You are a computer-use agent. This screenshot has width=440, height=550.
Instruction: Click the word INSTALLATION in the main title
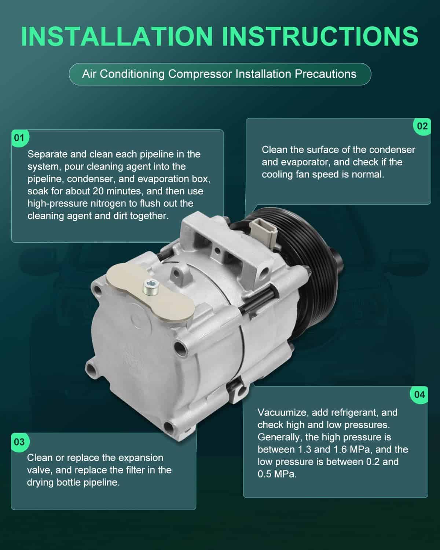117,36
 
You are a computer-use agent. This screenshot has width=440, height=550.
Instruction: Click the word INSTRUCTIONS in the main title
320,36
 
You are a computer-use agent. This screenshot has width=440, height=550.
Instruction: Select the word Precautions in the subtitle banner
325,74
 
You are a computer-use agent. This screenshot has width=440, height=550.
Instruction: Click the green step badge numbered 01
20,138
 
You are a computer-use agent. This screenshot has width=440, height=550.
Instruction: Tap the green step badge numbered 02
422,126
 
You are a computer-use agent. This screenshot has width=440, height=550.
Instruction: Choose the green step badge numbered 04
419,395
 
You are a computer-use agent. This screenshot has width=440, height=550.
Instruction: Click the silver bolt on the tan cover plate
151,286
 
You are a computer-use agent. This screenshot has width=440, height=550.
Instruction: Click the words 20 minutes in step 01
118,191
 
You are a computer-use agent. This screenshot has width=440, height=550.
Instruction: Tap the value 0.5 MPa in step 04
277,474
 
